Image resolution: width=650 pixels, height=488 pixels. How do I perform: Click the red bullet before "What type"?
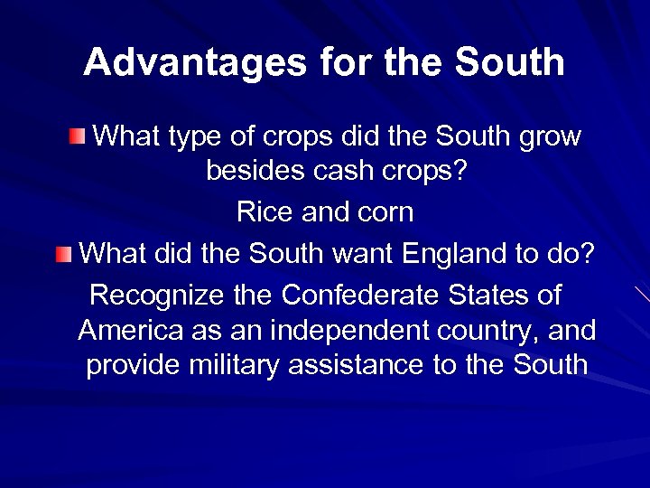click(79, 137)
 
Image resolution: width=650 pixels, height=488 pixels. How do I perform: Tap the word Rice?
click(261, 212)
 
